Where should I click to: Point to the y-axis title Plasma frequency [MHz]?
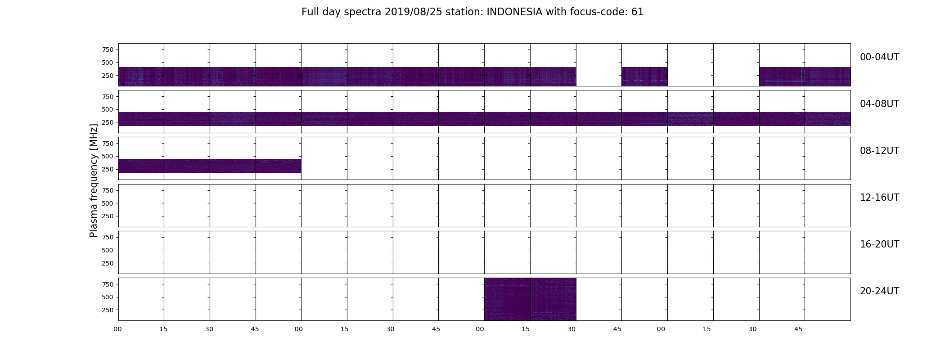(94, 180)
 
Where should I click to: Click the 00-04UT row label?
(879, 57)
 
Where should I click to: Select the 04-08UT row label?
(879, 104)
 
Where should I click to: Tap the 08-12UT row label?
(879, 151)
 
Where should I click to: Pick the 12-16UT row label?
(879, 198)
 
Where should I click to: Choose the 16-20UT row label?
(879, 244)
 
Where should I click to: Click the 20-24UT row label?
(879, 291)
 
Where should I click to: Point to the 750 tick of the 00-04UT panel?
(108, 49)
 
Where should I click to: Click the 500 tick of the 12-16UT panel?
(108, 203)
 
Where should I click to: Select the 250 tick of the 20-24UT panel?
(108, 310)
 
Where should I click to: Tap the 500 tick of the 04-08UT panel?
(108, 109)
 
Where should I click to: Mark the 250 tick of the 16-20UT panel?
(108, 263)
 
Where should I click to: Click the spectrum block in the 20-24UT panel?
(530, 299)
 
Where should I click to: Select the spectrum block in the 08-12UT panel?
(210, 166)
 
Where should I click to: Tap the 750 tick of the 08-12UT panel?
(108, 144)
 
